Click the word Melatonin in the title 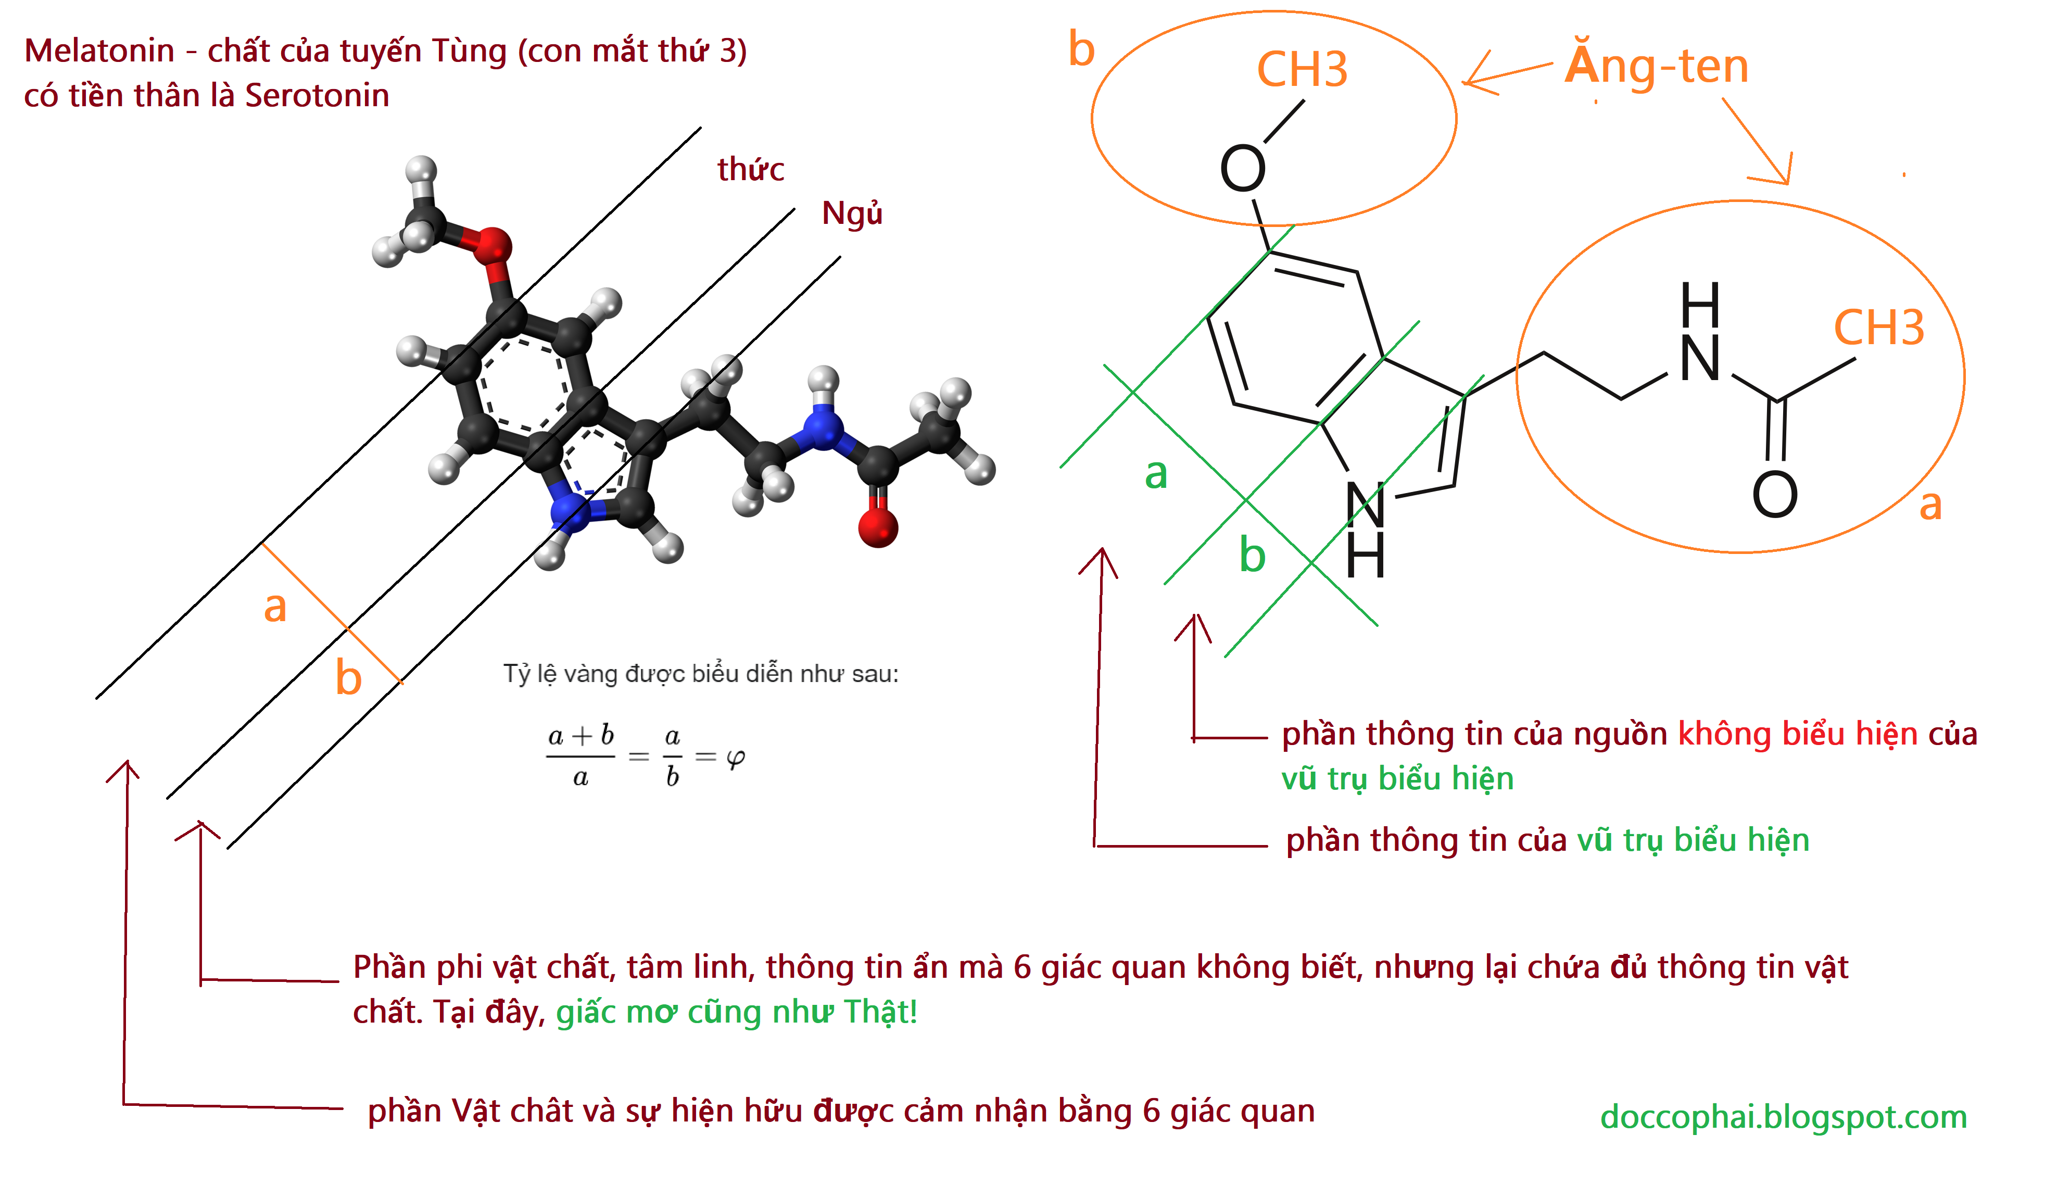click(99, 51)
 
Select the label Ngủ click(851, 213)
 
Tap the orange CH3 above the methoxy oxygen click(1302, 70)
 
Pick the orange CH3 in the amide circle click(1878, 328)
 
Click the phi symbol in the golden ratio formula click(735, 758)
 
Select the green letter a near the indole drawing click(1156, 474)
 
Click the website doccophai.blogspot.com click(1783, 1117)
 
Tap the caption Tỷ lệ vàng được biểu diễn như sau click(700, 674)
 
